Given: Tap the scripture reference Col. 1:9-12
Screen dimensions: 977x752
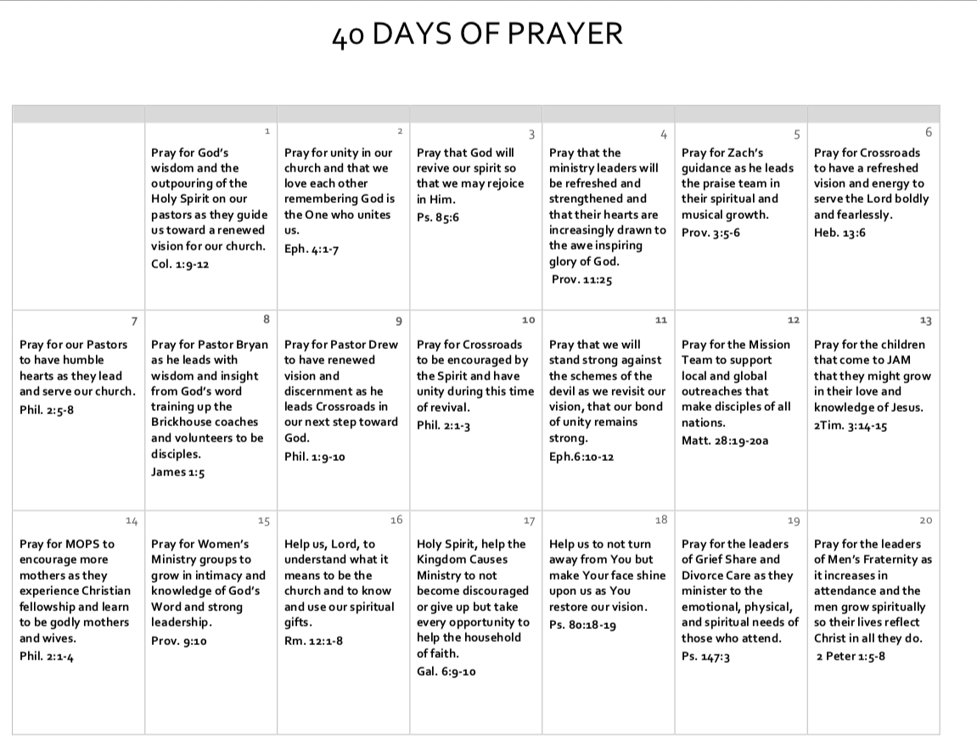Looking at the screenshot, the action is pyautogui.click(x=180, y=264).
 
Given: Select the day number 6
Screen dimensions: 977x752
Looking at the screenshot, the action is pyautogui.click(x=929, y=132).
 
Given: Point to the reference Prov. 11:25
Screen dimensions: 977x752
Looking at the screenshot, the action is pyautogui.click(x=581, y=279).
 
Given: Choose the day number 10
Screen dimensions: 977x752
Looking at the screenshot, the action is pyautogui.click(x=528, y=320).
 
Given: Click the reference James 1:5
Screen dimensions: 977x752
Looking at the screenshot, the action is pyautogui.click(x=177, y=473).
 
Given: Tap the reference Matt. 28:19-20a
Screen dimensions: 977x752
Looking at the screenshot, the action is pyautogui.click(x=726, y=440).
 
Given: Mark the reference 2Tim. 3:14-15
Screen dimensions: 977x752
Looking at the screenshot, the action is pyautogui.click(x=851, y=426).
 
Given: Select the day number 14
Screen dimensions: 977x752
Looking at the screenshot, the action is pyautogui.click(x=131, y=519).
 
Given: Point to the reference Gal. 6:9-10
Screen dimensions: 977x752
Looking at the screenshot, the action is pyautogui.click(x=446, y=671).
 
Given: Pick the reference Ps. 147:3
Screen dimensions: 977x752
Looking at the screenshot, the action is pyautogui.click(x=706, y=656).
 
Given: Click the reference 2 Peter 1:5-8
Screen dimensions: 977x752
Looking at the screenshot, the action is pyautogui.click(x=850, y=655).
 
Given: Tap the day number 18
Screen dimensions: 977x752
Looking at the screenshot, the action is pyautogui.click(x=661, y=519).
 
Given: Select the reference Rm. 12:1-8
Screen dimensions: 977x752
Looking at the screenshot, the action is pyautogui.click(x=313, y=641).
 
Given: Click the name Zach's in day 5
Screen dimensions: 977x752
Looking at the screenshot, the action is pyautogui.click(x=745, y=153).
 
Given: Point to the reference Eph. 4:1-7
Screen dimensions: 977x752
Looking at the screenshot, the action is pyautogui.click(x=312, y=249).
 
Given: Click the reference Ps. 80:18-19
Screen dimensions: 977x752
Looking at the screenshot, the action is pyautogui.click(x=583, y=626).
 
